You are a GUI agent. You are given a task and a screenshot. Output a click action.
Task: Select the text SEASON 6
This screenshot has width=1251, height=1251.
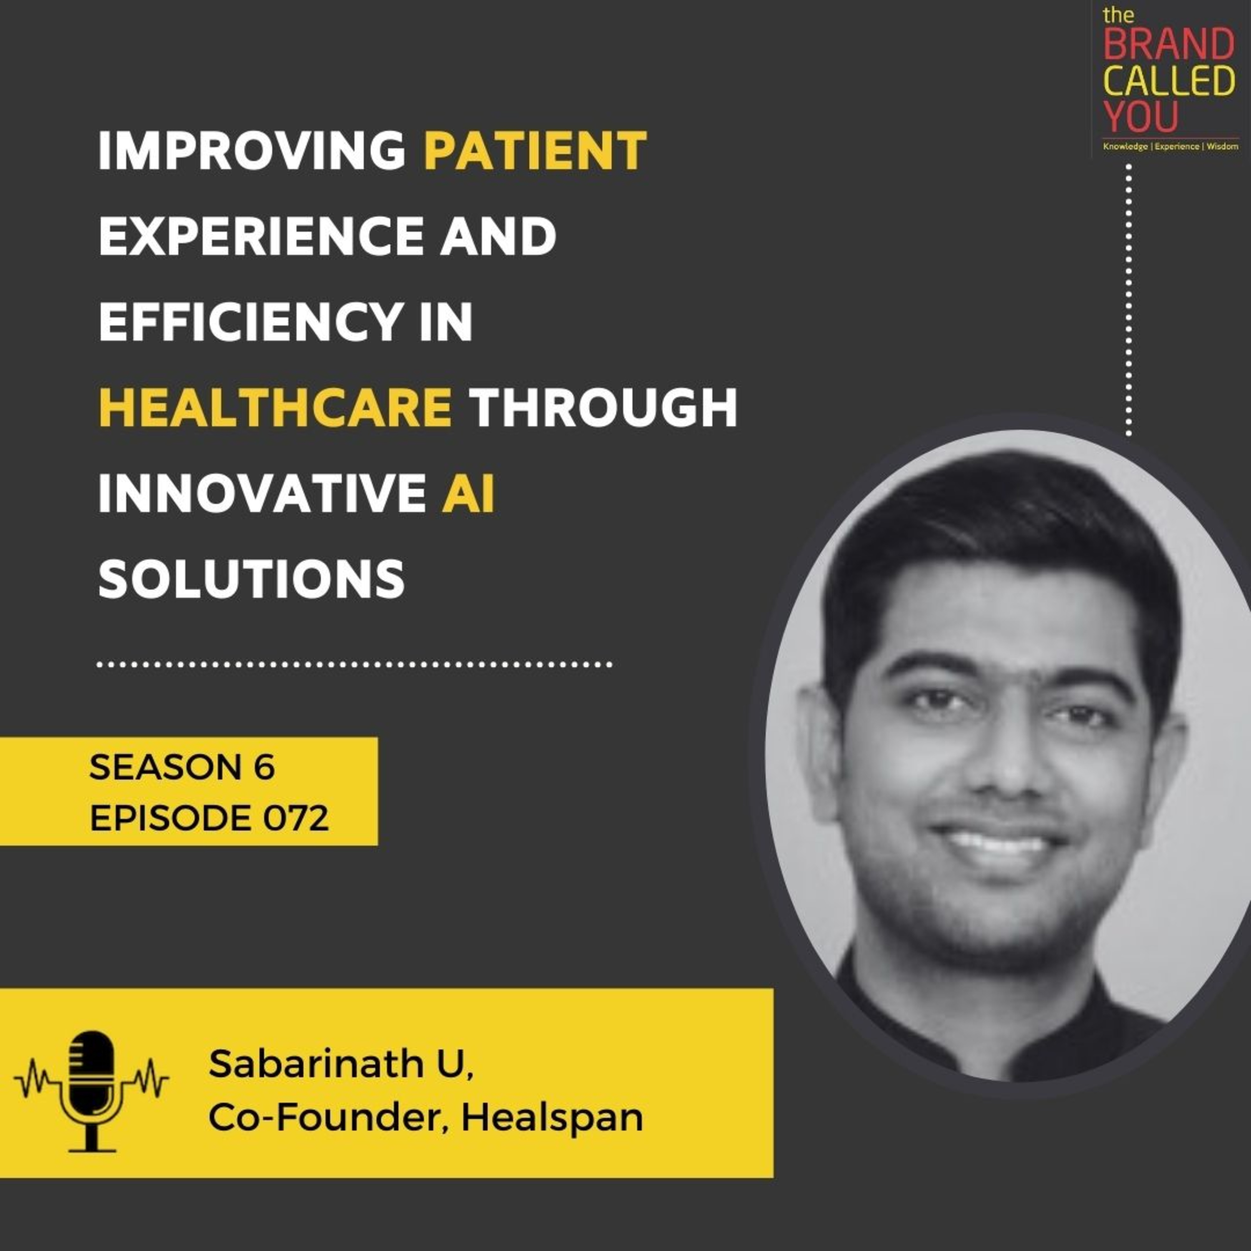tap(182, 767)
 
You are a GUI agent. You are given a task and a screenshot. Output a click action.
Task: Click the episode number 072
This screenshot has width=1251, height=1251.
tap(296, 819)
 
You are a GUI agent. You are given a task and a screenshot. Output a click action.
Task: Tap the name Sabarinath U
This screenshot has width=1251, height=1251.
tap(341, 1065)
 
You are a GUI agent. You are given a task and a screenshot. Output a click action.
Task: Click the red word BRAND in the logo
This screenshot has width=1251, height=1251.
tap(1169, 46)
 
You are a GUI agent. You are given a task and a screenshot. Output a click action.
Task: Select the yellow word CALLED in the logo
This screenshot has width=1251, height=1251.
tap(1169, 82)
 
